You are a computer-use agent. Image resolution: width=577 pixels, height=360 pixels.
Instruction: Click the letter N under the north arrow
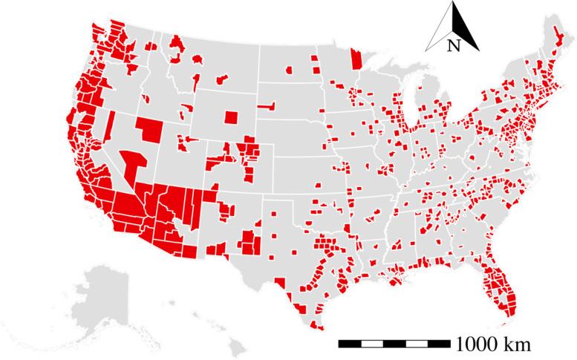coord(453,45)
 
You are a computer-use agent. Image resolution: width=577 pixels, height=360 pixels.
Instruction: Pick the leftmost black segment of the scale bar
coord(350,344)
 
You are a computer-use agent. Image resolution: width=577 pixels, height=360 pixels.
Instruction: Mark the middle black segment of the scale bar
coord(394,344)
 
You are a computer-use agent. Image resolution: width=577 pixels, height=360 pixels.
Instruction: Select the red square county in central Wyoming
coord(230,118)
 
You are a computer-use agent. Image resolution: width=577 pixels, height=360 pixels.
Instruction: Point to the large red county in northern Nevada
coord(148,129)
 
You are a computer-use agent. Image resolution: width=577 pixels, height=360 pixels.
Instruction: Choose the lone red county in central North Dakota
coord(287,71)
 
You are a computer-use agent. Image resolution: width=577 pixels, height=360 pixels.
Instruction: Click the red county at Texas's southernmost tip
coord(318,324)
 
